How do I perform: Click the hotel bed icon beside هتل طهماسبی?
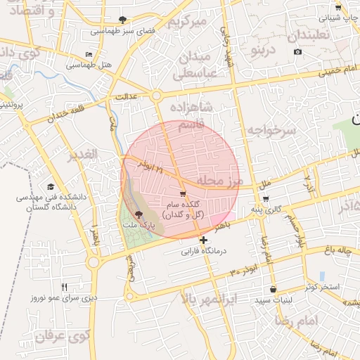point(88,54)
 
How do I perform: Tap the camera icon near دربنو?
point(297,52)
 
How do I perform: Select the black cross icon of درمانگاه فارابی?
point(203,240)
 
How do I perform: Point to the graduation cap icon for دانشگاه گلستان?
point(50,186)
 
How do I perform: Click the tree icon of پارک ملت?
point(137,215)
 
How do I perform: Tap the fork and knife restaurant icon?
point(65,286)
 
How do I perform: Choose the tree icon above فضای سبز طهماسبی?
point(124,20)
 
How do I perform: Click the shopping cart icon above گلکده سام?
point(183,193)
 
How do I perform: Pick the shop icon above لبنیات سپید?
point(273,289)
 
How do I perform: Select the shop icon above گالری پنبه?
point(265,199)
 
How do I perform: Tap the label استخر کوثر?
point(322,288)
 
